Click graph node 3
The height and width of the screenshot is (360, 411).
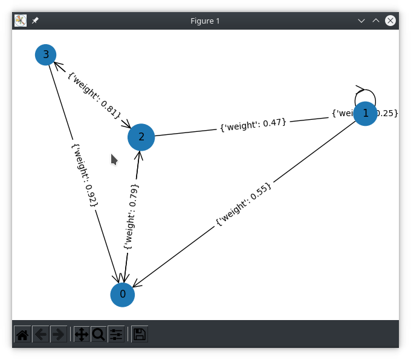click(46, 55)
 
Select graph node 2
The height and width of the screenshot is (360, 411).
click(141, 137)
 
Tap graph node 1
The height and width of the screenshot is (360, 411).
click(365, 114)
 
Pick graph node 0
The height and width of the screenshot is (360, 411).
click(123, 295)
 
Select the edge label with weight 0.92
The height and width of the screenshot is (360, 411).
click(85, 175)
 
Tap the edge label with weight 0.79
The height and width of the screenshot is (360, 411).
click(131, 217)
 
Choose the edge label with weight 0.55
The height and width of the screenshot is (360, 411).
click(244, 205)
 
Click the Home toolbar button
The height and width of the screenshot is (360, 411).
click(22, 334)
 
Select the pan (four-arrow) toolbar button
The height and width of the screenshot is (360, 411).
click(82, 334)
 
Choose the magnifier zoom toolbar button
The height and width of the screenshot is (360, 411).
click(99, 334)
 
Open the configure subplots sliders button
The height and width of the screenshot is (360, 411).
click(116, 334)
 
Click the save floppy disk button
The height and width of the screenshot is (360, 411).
click(140, 334)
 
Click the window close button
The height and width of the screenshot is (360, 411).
click(390, 21)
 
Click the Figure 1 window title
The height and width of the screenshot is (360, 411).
click(205, 21)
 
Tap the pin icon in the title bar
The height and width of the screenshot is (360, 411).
click(35, 21)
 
